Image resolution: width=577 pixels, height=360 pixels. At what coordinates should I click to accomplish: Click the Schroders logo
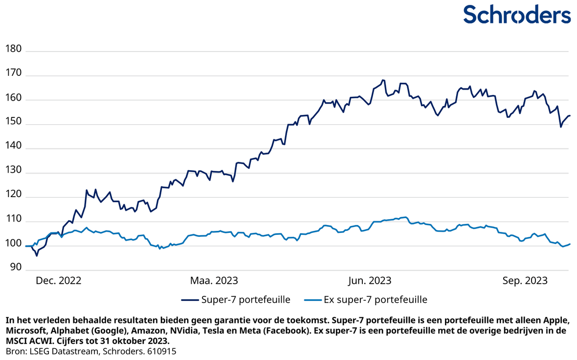516,14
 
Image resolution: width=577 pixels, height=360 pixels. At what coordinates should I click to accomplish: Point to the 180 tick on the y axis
14,49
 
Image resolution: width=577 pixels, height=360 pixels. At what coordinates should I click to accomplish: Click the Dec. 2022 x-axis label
59,281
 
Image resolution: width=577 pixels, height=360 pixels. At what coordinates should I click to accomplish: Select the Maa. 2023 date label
214,281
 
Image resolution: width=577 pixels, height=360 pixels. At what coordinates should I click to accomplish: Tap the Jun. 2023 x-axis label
369,281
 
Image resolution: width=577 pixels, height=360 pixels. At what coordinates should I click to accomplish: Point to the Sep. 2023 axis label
525,281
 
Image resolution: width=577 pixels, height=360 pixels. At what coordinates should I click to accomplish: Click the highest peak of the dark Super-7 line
383,80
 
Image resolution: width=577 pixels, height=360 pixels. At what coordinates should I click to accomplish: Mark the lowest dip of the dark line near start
37,255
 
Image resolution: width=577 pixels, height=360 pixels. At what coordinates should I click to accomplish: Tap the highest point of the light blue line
405,217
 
